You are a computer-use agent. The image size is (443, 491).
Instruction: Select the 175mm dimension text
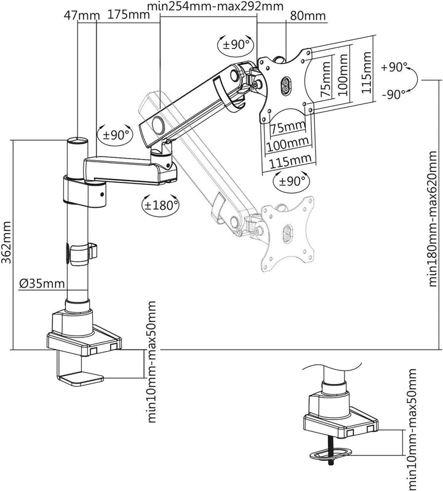[x=126, y=14]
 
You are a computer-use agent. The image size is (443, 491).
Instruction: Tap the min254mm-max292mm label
[x=215, y=7]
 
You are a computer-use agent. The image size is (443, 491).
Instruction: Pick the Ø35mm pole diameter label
[x=41, y=283]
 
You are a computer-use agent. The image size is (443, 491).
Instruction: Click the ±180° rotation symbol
[x=161, y=204]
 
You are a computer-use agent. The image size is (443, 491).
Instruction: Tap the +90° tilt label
[x=393, y=68]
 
